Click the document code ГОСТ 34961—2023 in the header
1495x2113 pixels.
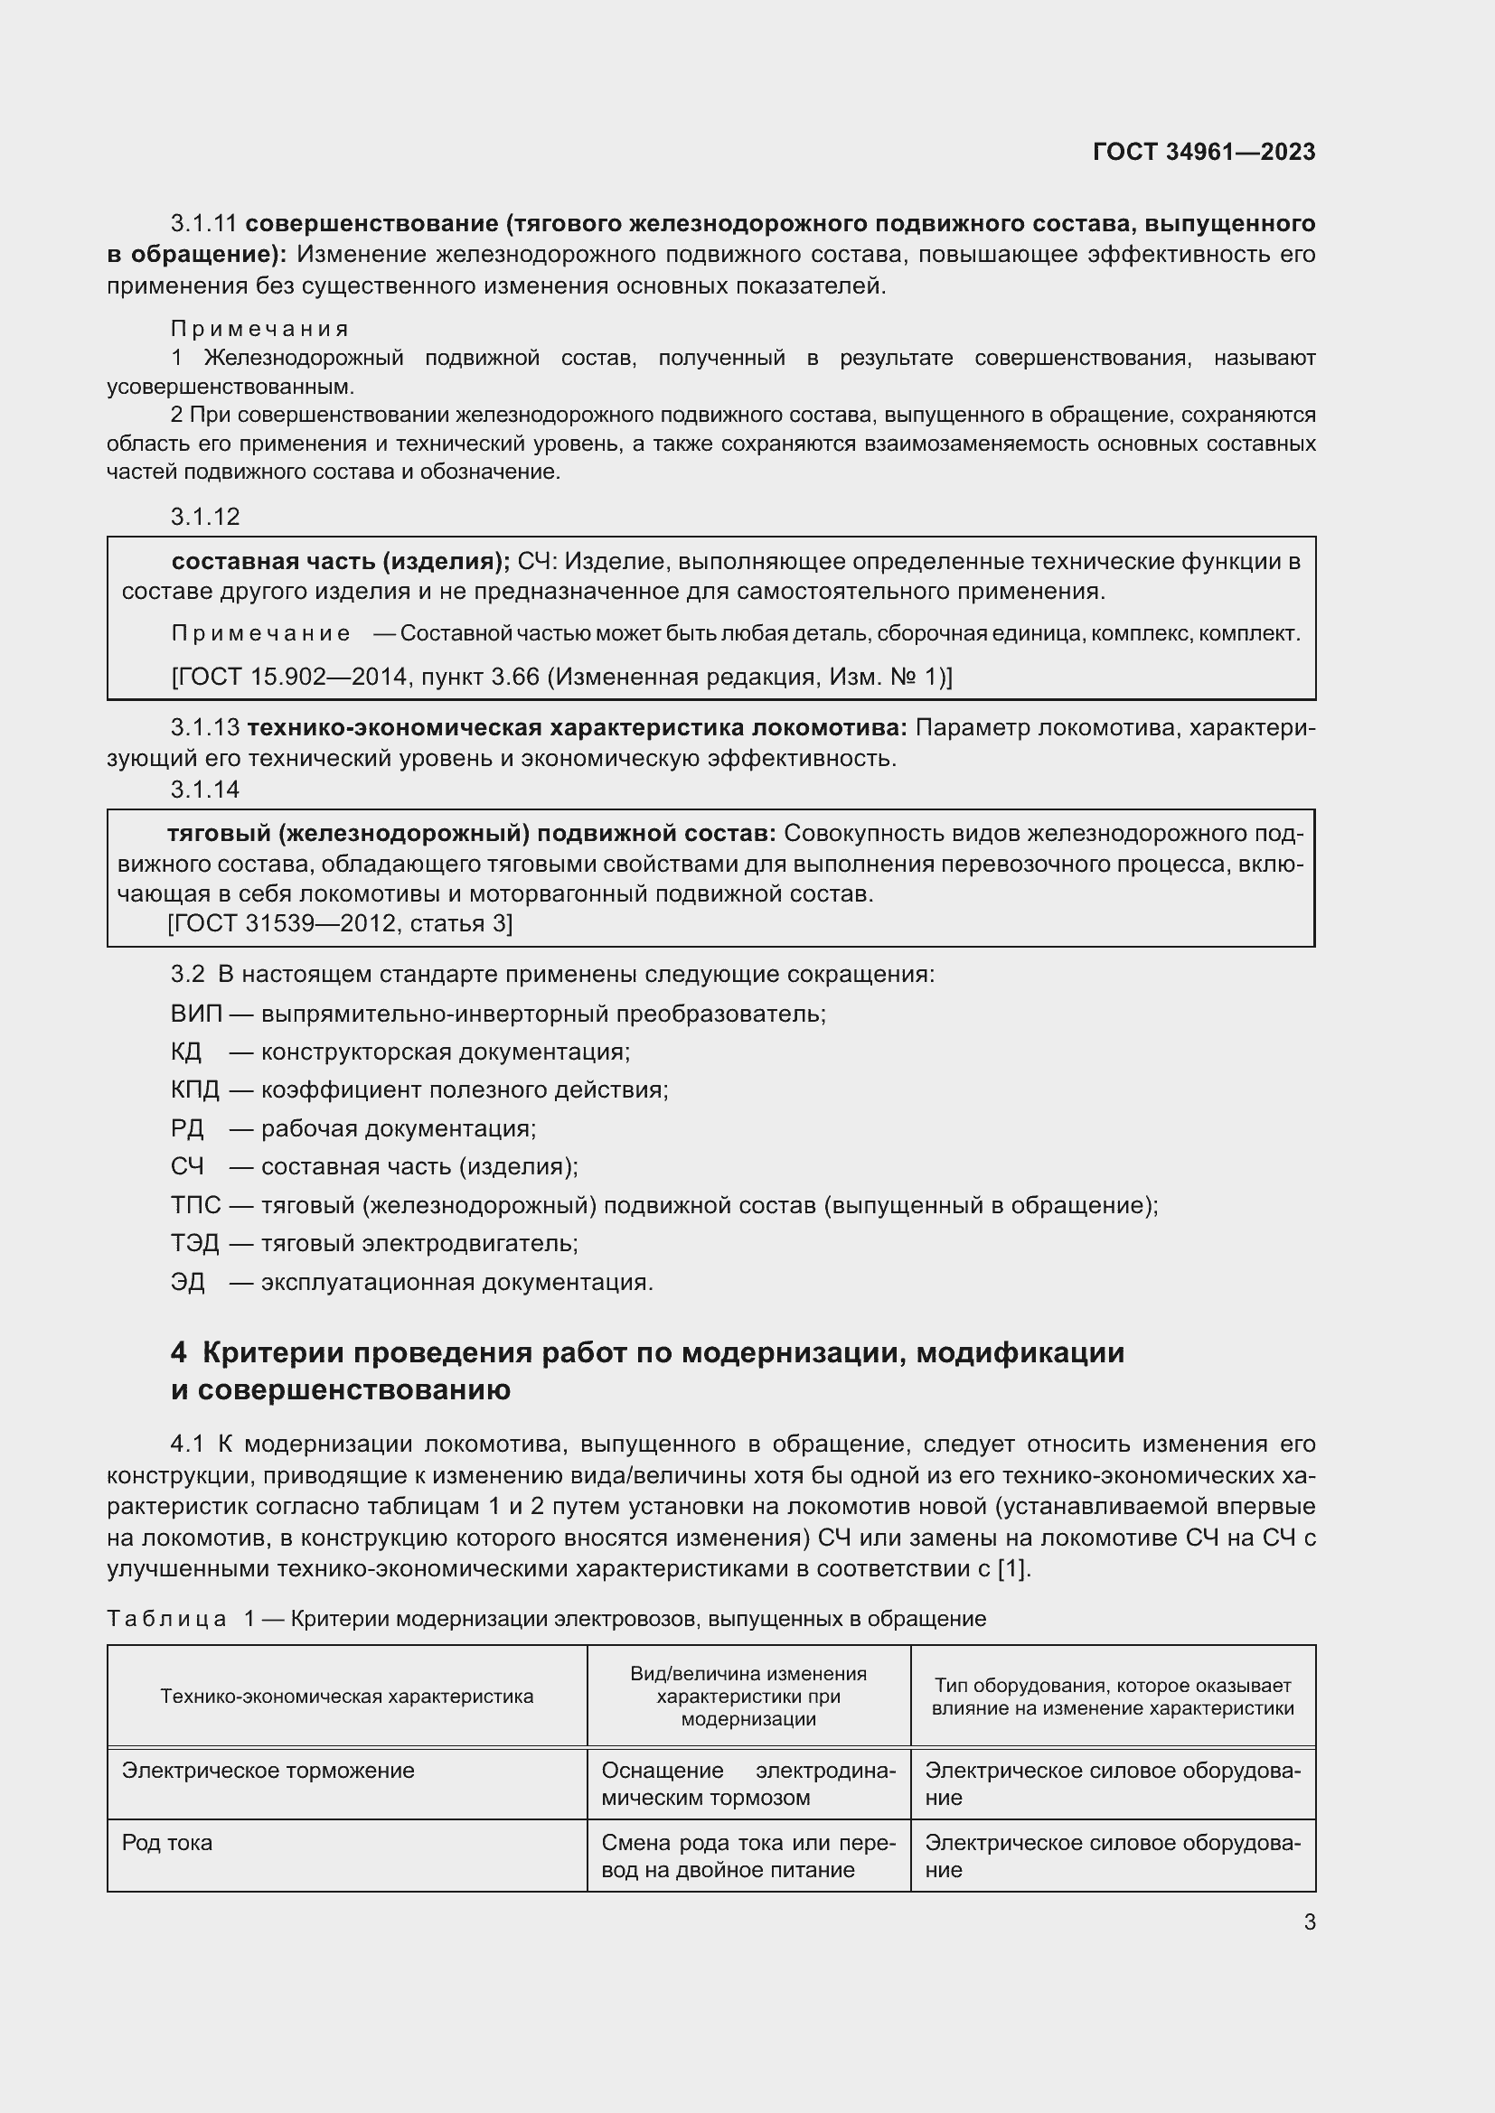pyautogui.click(x=1203, y=152)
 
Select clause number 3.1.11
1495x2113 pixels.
pyautogui.click(x=203, y=224)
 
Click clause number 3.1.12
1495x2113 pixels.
pyautogui.click(x=204, y=518)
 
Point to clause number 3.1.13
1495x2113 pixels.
pyautogui.click(x=205, y=728)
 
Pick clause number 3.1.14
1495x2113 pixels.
pyautogui.click(x=204, y=789)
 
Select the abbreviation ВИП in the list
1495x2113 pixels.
pyautogui.click(x=196, y=1014)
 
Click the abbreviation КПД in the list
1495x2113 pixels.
pyautogui.click(x=195, y=1090)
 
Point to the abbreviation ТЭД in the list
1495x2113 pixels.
pyautogui.click(x=195, y=1244)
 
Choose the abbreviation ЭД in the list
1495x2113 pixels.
pyautogui.click(x=188, y=1282)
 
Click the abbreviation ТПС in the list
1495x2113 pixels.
pyautogui.click(x=195, y=1206)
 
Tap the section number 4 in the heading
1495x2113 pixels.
pyautogui.click(x=179, y=1354)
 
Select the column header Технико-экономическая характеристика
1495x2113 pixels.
pyautogui.click(x=346, y=1697)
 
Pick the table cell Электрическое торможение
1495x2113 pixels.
pyautogui.click(x=268, y=1771)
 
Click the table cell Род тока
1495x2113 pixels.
pyautogui.click(x=166, y=1842)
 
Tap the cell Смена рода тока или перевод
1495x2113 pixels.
pyautogui.click(x=747, y=1856)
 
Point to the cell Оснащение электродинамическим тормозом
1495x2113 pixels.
pyautogui.click(x=747, y=1783)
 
